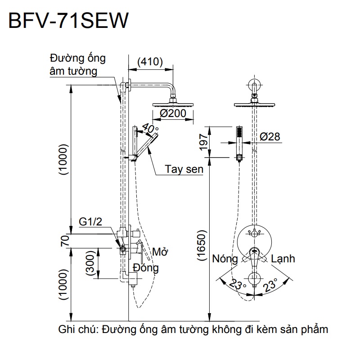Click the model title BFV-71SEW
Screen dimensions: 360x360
tap(67, 21)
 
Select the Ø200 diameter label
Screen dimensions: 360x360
tap(172, 114)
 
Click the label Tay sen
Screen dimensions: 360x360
tap(184, 169)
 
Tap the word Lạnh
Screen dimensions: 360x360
tap(283, 259)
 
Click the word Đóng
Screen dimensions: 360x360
tap(146, 268)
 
